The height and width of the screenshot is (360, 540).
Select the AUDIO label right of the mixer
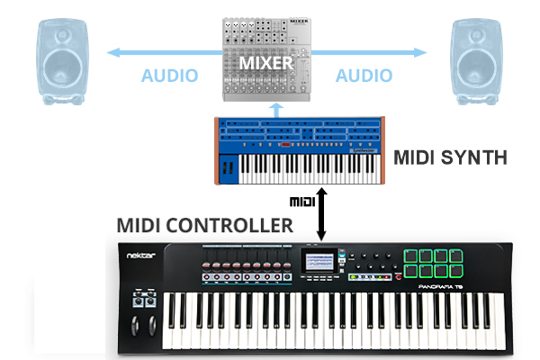coord(365,76)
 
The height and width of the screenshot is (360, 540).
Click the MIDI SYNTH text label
coord(450,157)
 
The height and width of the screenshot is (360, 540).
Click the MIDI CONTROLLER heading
coord(204,225)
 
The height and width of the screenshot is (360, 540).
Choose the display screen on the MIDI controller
coord(318,262)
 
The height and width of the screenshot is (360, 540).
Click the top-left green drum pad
coord(411,255)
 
